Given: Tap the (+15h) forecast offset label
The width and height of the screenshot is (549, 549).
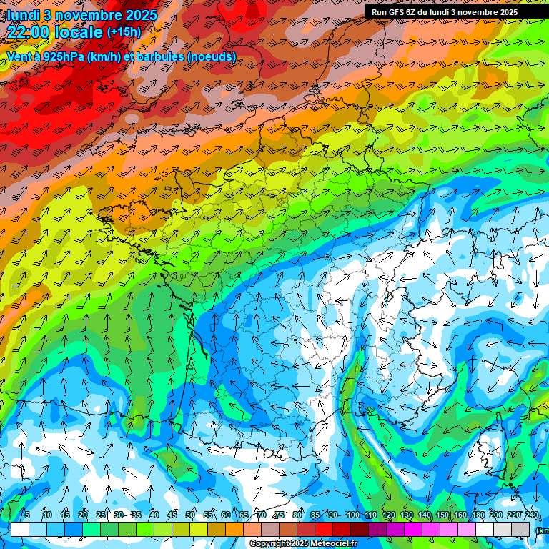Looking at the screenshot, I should (124, 31).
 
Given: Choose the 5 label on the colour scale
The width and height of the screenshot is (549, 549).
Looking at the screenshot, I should (26, 515).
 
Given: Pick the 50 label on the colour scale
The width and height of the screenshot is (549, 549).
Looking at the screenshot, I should (190, 515).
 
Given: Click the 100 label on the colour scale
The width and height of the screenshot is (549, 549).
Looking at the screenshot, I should (352, 515).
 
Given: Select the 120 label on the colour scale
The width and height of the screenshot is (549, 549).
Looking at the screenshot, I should (388, 515).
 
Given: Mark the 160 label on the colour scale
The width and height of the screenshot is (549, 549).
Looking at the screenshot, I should (460, 515).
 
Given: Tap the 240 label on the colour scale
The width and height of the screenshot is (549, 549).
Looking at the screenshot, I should (532, 515).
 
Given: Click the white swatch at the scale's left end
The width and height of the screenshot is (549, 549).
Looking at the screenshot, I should (20, 529).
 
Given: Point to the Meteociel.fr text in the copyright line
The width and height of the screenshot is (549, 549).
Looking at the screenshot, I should (335, 544).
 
